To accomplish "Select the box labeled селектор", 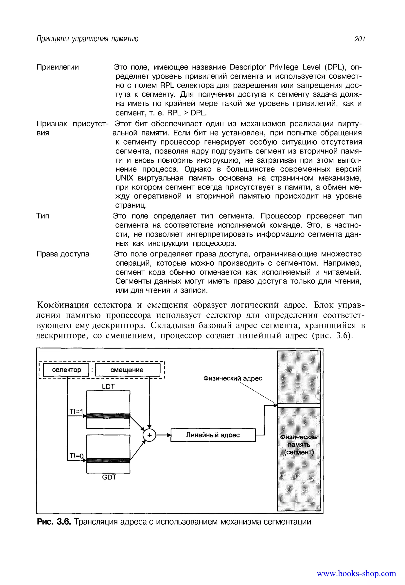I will click(66, 370).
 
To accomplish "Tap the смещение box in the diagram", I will click(127, 370).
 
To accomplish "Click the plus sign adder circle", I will click(149, 435).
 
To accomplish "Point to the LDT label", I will click(108, 387).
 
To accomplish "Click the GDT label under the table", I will click(109, 477).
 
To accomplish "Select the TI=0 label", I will click(76, 456).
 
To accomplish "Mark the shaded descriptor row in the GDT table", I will click(108, 460).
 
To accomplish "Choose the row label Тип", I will click(43, 216).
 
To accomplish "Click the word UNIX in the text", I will click(124, 178).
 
